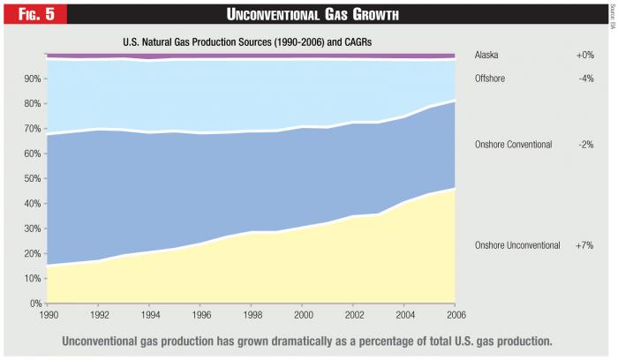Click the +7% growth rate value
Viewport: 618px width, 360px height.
tap(584, 244)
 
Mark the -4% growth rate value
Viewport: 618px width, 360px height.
tap(585, 78)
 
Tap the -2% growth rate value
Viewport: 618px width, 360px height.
tap(585, 144)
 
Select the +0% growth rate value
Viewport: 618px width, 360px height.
tap(584, 55)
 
